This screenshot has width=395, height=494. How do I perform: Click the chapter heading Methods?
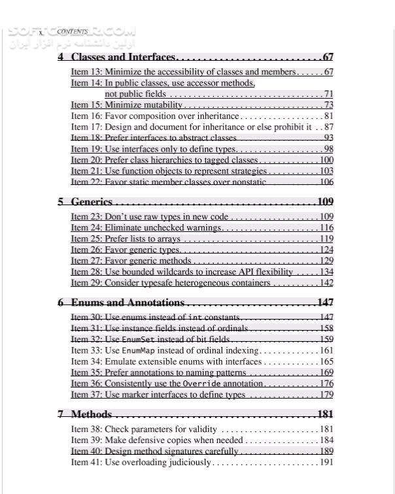[91, 414]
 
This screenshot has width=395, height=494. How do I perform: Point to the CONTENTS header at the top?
[73, 31]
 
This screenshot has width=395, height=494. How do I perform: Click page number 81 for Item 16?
[328, 116]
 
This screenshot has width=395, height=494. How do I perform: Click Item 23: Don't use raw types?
[150, 216]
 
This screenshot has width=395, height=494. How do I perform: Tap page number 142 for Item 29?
[326, 283]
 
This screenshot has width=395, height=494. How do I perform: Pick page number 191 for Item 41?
[326, 463]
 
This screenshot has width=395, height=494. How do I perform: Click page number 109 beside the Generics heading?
[325, 201]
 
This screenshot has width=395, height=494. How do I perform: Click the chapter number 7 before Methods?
[61, 414]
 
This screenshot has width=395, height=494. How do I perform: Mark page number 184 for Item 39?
[326, 440]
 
